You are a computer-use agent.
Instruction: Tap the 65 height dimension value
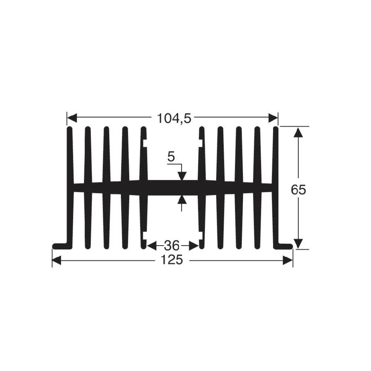(298, 190)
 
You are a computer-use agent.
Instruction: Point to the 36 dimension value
(172, 246)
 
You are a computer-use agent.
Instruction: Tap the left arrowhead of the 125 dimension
(57, 260)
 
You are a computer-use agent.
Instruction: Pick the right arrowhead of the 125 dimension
(288, 260)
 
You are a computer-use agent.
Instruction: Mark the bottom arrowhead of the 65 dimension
(298, 244)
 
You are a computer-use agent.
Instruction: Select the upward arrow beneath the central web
(181, 200)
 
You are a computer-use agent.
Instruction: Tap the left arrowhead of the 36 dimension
(151, 246)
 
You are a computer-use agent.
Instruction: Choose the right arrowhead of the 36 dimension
(195, 246)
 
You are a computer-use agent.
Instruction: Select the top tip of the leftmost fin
(69, 129)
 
